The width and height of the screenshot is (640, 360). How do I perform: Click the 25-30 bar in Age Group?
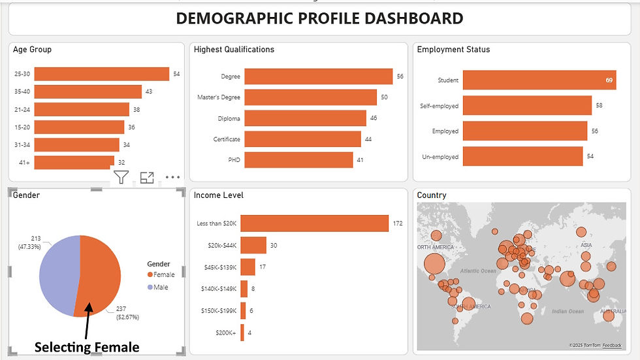coord(101,74)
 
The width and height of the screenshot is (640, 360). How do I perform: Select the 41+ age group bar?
coord(74,161)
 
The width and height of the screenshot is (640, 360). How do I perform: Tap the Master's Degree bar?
coord(310,97)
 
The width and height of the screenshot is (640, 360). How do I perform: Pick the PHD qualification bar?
coord(298,159)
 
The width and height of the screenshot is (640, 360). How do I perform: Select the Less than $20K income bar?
coord(314,223)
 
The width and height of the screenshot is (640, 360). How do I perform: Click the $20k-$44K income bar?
coord(253,245)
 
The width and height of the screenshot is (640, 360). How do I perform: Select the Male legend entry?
coord(160,287)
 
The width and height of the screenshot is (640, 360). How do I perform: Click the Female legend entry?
coord(162,274)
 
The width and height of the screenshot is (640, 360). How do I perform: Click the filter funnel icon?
coord(121,177)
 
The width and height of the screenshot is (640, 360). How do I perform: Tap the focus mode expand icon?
coord(147,177)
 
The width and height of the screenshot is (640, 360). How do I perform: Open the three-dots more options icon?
coord(172,177)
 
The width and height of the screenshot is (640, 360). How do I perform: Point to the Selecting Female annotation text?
coord(87,347)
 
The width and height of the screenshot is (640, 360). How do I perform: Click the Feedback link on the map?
coord(612,344)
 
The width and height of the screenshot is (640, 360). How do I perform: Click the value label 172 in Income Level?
coord(398,223)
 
